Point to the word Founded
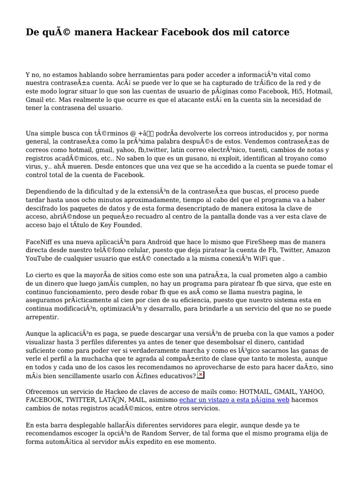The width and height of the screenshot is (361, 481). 128,225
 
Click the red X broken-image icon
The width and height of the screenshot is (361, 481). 201,375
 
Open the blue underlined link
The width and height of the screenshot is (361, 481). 234,400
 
